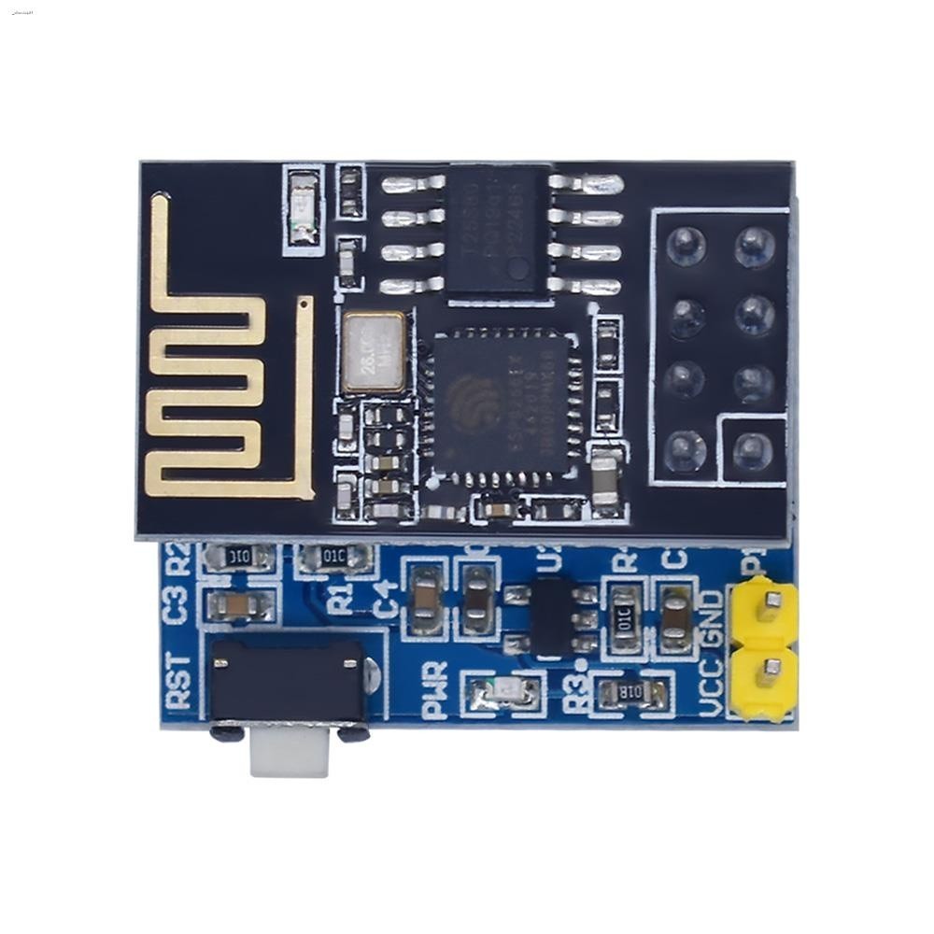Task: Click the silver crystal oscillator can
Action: [373, 352]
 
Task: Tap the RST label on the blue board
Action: [177, 681]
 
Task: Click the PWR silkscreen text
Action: [435, 689]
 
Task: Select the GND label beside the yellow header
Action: [712, 617]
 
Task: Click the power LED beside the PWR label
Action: [504, 692]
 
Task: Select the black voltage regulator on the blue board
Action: [551, 616]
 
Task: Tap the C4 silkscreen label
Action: [386, 599]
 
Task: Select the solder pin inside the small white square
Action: [751, 452]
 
